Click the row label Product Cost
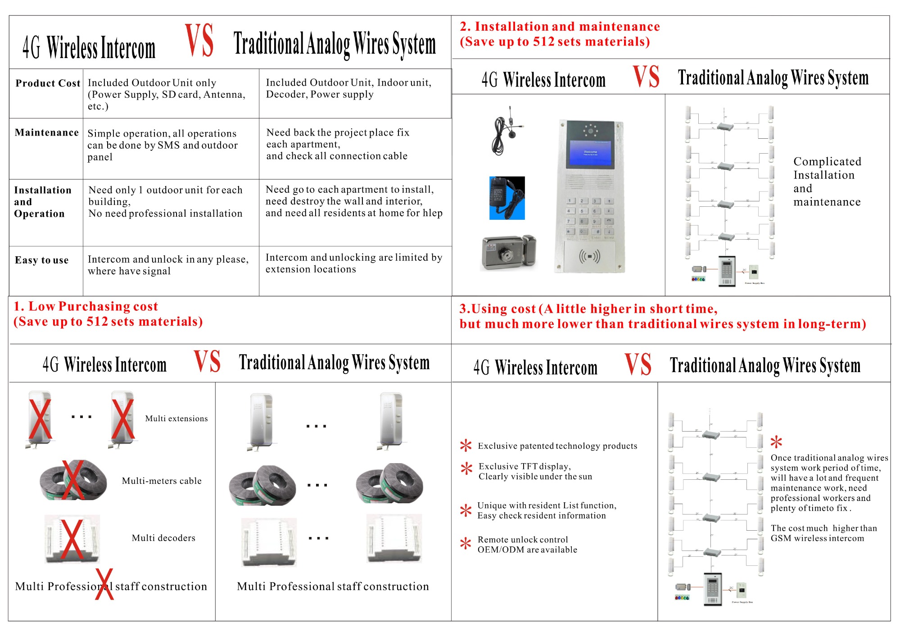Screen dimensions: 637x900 (x=48, y=83)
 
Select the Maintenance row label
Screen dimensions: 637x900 (x=47, y=132)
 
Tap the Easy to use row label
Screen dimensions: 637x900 (x=42, y=260)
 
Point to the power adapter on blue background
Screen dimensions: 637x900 (x=507, y=198)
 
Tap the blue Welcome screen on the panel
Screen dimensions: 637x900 (x=590, y=153)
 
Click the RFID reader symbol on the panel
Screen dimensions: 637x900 (x=589, y=257)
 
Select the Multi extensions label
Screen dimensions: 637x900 (x=176, y=419)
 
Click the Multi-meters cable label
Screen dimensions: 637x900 (x=162, y=481)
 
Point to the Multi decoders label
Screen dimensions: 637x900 (x=163, y=538)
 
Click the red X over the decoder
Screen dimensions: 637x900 (x=72, y=539)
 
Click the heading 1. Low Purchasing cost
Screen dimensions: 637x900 (x=86, y=306)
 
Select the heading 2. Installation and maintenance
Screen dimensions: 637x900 (x=560, y=27)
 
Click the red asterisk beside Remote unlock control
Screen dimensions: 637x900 (x=466, y=544)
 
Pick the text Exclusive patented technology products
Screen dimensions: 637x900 (x=557, y=446)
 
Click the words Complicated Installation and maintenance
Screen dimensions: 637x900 (x=827, y=182)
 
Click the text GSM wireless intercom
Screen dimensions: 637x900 (x=817, y=538)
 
